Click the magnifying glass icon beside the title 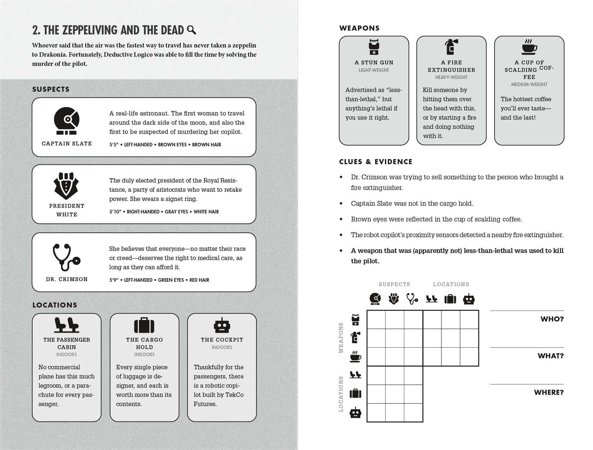click(x=192, y=30)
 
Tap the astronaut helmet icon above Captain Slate click(x=67, y=121)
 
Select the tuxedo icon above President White click(x=66, y=186)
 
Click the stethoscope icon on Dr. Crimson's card click(x=66, y=257)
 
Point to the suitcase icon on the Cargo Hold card click(x=144, y=325)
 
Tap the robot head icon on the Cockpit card click(x=222, y=325)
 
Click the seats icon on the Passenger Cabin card click(x=66, y=325)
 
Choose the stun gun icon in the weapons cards click(x=374, y=47)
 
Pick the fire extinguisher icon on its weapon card click(x=451, y=47)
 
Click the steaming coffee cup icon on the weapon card click(x=529, y=47)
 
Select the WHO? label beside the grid click(x=552, y=319)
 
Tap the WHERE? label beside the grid click(x=548, y=392)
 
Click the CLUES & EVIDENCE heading click(x=376, y=162)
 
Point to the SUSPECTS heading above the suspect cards click(x=51, y=89)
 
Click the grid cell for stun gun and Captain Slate click(x=376, y=319)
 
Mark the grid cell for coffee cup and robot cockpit click(x=469, y=356)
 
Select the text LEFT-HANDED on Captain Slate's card click(x=138, y=145)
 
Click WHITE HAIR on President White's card click(x=206, y=212)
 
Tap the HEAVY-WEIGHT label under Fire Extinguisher click(x=451, y=77)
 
